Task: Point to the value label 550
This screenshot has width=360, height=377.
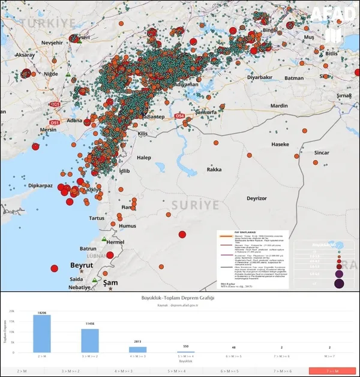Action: pyautogui.click(x=186, y=347)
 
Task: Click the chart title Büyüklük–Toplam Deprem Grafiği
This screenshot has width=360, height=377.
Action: pyautogui.click(x=179, y=297)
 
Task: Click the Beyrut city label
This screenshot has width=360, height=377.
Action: pyautogui.click(x=82, y=264)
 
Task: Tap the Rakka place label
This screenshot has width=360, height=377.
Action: pyautogui.click(x=214, y=170)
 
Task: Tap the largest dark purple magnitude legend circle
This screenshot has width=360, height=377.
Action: pyautogui.click(x=340, y=282)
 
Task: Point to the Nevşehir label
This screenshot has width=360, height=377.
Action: pyautogui.click(x=51, y=44)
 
